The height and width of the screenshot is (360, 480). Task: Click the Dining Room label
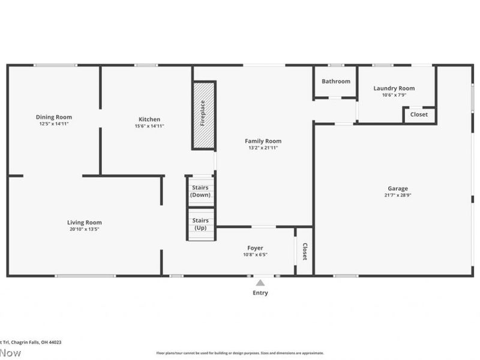coord(54,117)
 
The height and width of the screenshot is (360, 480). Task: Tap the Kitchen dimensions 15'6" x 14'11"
coord(149,126)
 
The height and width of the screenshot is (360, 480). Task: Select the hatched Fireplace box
coord(203,115)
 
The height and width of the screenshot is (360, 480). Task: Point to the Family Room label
coord(265,141)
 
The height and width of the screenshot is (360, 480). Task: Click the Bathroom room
coord(335,82)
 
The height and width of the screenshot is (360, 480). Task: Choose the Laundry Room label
coord(394,88)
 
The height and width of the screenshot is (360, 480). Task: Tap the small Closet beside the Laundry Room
coord(419,115)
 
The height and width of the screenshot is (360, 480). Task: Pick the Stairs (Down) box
coord(200,191)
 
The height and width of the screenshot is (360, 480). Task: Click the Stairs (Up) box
coord(200,224)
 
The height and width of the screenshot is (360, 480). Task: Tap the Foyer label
coord(255,248)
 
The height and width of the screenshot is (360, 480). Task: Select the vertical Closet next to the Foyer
coord(304,251)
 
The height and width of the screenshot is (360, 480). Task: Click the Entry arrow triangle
coord(260,283)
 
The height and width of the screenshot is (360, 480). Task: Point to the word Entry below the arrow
coord(260,293)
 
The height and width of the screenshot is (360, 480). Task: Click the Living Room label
coord(84,222)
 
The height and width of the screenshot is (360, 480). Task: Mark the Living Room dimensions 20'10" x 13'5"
coord(84,229)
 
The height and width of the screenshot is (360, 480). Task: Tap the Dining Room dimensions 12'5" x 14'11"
coord(54,124)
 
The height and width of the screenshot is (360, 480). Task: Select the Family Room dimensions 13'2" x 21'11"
coord(265,148)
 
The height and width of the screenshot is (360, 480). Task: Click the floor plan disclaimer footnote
coord(240,353)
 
